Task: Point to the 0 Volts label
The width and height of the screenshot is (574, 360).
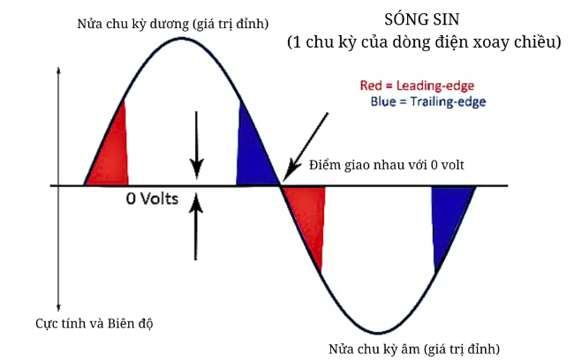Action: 152,199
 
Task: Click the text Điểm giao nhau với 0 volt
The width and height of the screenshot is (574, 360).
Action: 386,165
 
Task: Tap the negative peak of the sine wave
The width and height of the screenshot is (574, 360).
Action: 378,333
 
